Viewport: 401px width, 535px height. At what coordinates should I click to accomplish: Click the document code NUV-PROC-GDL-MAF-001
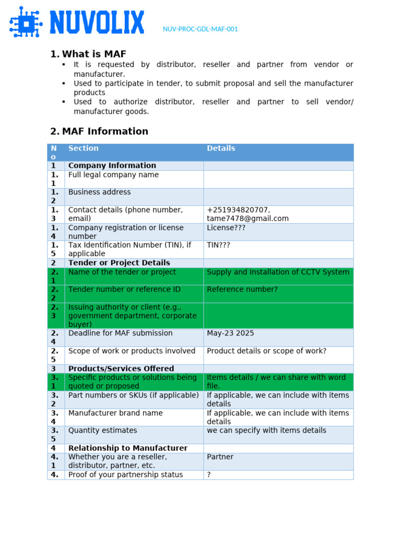[x=200, y=29]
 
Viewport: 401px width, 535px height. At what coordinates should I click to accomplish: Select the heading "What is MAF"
[x=94, y=54]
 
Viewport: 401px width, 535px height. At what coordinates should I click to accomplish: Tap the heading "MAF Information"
[x=105, y=132]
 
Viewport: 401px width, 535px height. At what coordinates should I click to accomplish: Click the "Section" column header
[x=84, y=148]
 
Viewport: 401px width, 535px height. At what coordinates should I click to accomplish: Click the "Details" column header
[x=221, y=148]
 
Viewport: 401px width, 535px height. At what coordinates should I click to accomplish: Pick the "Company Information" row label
[x=112, y=166]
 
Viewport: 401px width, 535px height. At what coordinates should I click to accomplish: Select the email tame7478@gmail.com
[x=247, y=219]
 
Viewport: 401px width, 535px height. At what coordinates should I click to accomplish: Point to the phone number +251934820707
[x=238, y=210]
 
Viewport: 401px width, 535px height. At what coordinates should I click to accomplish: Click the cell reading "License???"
[x=226, y=228]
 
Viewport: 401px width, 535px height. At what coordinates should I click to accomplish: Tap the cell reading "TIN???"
[x=218, y=245]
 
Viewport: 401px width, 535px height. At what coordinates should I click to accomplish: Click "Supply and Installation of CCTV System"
[x=278, y=272]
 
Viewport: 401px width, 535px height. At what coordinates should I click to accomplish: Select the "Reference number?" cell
[x=242, y=289]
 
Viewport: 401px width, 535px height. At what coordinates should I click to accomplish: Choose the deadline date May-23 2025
[x=230, y=333]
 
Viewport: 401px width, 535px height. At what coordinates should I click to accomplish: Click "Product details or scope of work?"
[x=266, y=351]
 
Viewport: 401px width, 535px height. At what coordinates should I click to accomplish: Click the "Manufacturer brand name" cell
[x=115, y=413]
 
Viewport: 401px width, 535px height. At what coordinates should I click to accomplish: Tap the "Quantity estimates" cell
[x=103, y=431]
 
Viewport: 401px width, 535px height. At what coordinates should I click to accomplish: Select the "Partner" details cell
[x=220, y=457]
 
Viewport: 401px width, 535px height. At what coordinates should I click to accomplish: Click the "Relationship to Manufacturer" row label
[x=128, y=448]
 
